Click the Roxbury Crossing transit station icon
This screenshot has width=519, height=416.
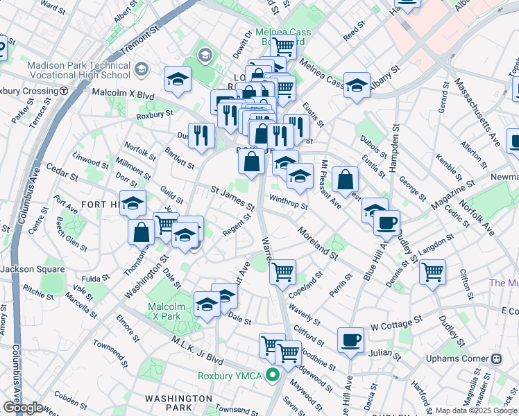[x=63, y=91]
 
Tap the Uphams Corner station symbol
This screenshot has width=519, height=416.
[x=496, y=359]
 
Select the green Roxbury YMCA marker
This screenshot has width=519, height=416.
[x=273, y=376]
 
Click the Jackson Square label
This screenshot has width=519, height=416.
[x=28, y=269]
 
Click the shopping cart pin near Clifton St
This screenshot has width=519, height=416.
[x=432, y=271]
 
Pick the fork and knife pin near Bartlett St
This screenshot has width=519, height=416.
[x=201, y=136]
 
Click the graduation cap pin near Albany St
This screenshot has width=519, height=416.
[x=357, y=85]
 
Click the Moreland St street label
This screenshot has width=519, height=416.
[x=317, y=242]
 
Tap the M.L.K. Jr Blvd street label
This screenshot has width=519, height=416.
[x=199, y=354]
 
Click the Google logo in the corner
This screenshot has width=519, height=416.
[x=22, y=408]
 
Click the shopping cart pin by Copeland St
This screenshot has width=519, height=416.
[x=282, y=272]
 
